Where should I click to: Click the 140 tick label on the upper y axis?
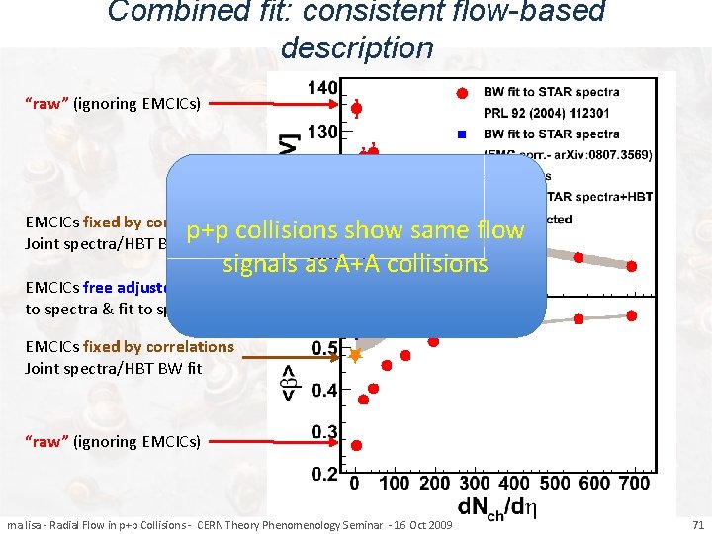click(322, 89)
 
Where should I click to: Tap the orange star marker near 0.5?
click(356, 353)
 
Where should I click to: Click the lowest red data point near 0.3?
click(356, 445)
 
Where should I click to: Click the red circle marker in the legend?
click(462, 93)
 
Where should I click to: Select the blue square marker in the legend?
click(462, 133)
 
